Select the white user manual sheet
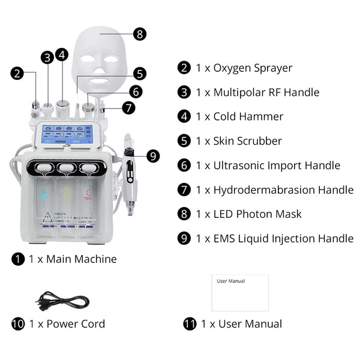tap(240, 292)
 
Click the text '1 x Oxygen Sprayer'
tap(244, 68)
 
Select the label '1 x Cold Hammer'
tap(239, 116)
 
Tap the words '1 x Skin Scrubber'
tap(238, 141)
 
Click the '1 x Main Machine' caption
tap(73, 259)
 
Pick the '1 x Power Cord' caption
tap(67, 324)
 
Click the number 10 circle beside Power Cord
tap(18, 324)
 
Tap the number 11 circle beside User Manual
tap(190, 324)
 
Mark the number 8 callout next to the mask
tap(140, 34)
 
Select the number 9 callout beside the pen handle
tap(153, 157)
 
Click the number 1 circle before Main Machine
tap(18, 259)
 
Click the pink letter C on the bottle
tap(89, 193)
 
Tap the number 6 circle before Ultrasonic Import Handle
tap(184, 166)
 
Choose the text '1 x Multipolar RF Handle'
tap(257, 92)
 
